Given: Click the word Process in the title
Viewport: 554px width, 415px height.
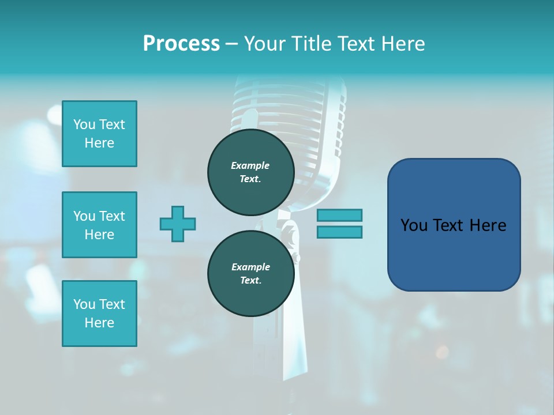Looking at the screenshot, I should [x=181, y=43].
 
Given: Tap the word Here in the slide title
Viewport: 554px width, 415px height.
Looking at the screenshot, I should [x=402, y=43].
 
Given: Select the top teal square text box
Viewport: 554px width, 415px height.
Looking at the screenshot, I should [x=99, y=134].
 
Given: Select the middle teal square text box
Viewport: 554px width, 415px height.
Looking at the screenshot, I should [x=99, y=225].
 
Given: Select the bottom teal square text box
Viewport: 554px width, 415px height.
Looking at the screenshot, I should [x=99, y=314].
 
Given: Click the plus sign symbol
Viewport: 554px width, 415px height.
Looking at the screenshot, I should [x=178, y=224].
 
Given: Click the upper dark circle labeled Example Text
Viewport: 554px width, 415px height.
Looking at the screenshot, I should [x=250, y=172].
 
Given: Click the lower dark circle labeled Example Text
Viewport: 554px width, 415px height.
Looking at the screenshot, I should [x=250, y=274].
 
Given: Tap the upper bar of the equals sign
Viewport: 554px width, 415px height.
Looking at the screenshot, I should [x=339, y=215].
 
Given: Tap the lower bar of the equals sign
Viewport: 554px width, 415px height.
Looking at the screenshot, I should [x=339, y=232].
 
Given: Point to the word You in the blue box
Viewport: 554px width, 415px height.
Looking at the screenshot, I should [x=414, y=225].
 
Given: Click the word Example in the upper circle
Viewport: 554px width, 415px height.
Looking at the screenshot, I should [x=250, y=165].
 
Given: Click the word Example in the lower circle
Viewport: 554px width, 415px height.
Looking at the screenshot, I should [x=250, y=267].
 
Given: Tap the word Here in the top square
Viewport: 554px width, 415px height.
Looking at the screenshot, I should [x=99, y=143].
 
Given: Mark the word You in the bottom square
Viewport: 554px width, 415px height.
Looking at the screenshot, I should [x=85, y=304].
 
